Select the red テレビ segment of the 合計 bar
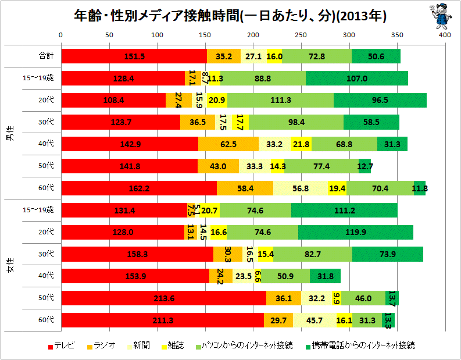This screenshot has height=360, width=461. point(134,56)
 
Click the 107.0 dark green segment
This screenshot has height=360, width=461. point(356,79)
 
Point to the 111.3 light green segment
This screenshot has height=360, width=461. point(280,101)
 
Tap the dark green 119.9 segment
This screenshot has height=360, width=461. point(355,232)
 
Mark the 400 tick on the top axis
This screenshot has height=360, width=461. point(445,35)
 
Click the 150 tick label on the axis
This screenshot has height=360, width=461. point(205,35)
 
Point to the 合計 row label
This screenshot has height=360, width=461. point(46,56)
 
